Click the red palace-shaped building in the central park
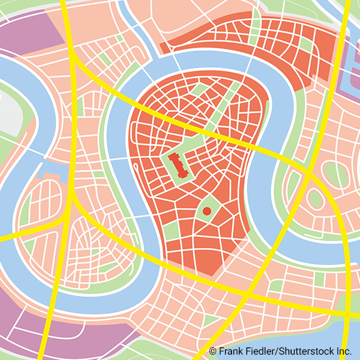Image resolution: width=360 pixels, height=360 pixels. [178, 164]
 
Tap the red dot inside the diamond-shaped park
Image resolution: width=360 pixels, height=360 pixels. [207, 211]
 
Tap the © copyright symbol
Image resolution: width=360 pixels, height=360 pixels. [212, 351]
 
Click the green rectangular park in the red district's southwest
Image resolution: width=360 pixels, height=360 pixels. [171, 231]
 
